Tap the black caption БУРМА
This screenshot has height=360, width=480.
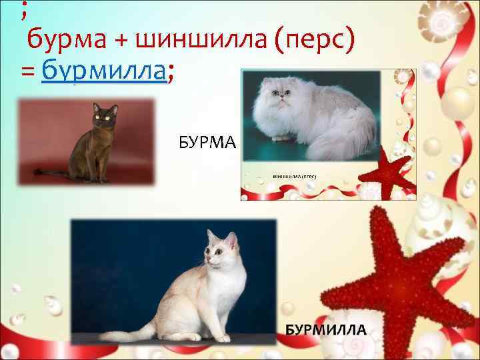[x=207, y=141]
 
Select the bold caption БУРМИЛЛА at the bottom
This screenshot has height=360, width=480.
[x=327, y=329]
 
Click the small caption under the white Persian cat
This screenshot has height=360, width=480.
[x=294, y=176]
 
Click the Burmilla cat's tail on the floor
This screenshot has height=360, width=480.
[x=127, y=333]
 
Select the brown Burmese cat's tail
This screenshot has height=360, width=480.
[x=53, y=173]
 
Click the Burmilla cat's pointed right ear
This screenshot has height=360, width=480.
[x=231, y=239]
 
